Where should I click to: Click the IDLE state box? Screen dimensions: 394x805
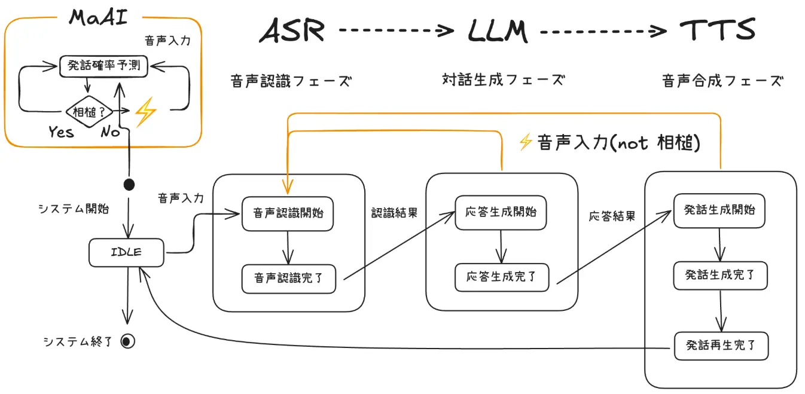126,252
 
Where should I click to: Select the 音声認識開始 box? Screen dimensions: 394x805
288,213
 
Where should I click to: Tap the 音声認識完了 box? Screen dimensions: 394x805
288,279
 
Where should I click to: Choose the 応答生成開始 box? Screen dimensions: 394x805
501,212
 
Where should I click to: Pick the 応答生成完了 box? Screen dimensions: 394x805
501,277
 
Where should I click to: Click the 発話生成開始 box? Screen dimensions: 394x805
719,210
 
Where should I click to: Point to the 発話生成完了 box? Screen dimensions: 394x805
720,276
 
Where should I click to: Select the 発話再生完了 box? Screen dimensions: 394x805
721,346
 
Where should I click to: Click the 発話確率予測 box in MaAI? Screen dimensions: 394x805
103,66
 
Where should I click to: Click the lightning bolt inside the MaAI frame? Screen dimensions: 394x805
145,112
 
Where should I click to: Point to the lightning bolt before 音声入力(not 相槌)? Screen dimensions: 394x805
526,142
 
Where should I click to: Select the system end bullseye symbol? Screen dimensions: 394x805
127,341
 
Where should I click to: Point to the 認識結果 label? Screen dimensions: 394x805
394,213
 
